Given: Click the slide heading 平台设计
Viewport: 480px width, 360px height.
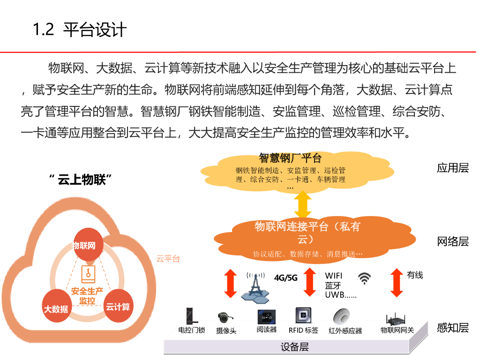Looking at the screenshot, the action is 95,30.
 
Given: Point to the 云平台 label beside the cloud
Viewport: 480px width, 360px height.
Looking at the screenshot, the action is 167,259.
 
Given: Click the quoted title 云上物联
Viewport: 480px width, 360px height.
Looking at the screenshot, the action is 83,180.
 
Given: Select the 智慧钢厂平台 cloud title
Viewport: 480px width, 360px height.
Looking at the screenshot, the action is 290,157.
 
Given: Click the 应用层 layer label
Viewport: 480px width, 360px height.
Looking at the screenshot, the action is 452,168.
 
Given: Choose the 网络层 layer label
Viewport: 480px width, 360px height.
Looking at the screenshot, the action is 452,241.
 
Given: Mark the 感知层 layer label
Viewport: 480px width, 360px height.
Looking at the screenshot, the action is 452,328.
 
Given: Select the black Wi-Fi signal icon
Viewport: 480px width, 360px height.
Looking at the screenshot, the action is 364,278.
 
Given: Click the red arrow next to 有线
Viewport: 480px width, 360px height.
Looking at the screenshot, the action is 397,283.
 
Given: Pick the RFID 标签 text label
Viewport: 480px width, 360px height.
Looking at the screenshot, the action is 303,330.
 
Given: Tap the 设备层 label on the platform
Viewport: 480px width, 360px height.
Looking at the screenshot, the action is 295,347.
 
